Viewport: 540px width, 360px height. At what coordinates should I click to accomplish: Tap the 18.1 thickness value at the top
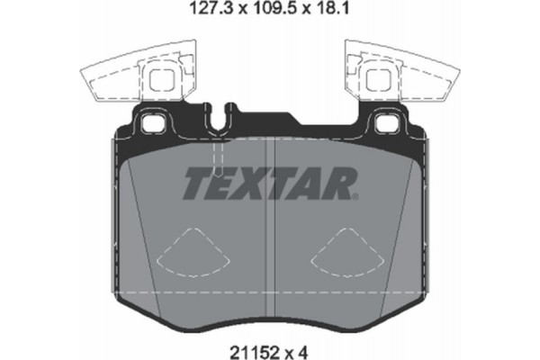[334, 13]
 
